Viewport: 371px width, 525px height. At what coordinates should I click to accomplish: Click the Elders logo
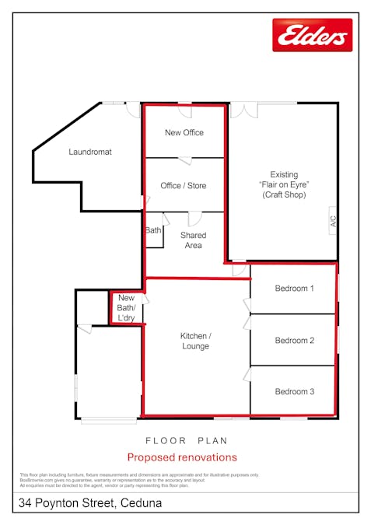[312, 35]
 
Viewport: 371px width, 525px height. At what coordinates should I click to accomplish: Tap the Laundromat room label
[90, 152]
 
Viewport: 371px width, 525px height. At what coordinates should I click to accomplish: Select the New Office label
[184, 133]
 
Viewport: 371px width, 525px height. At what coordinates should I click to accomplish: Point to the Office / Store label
[184, 186]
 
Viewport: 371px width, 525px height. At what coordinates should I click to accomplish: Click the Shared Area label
[193, 240]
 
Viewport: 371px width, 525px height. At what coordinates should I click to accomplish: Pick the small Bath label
[153, 231]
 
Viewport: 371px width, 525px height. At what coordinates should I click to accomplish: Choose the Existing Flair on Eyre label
[284, 185]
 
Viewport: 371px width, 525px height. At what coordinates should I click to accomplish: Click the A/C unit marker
[332, 221]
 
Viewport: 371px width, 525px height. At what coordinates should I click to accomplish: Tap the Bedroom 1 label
[295, 289]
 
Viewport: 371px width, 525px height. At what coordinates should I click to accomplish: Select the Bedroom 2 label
[295, 341]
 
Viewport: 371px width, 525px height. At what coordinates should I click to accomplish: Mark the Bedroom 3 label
[295, 392]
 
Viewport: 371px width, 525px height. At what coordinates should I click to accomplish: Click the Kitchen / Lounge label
[195, 341]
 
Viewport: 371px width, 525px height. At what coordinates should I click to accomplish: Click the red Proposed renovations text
[182, 457]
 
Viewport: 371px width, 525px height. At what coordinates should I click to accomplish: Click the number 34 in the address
[26, 504]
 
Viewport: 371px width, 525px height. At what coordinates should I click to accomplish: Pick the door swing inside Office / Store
[185, 161]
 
